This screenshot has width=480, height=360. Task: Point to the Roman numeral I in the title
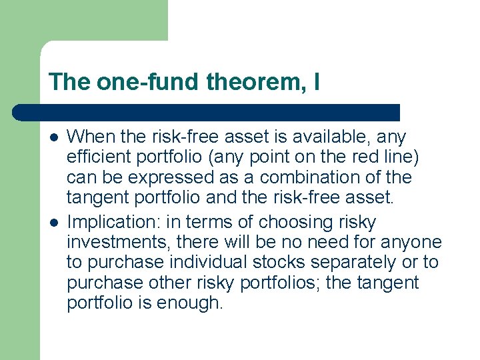click(315, 83)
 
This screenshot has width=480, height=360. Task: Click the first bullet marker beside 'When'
click(54, 137)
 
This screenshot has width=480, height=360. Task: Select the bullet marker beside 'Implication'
click(54, 222)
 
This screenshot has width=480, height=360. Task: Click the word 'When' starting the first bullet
click(89, 137)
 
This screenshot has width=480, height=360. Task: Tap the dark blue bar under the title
click(207, 112)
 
